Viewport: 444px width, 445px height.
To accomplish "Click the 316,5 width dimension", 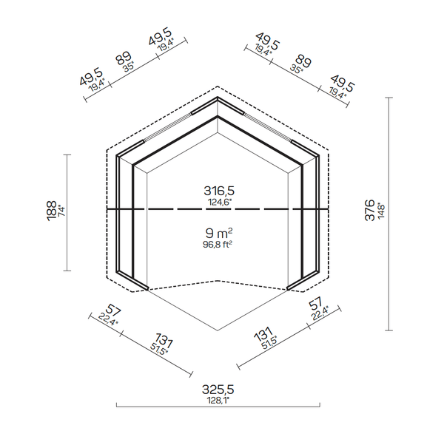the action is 219,191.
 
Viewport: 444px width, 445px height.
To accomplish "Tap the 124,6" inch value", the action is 220,203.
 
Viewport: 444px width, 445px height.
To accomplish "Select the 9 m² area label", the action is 219,234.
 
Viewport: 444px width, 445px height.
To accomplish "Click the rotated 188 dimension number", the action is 52,211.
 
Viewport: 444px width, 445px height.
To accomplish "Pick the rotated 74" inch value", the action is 61,210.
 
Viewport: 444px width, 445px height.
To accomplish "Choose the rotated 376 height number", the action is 370,210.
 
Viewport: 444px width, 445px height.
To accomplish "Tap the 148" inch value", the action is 380,211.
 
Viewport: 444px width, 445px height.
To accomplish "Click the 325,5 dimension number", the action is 218,390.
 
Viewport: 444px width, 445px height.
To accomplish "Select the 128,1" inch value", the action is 218,401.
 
